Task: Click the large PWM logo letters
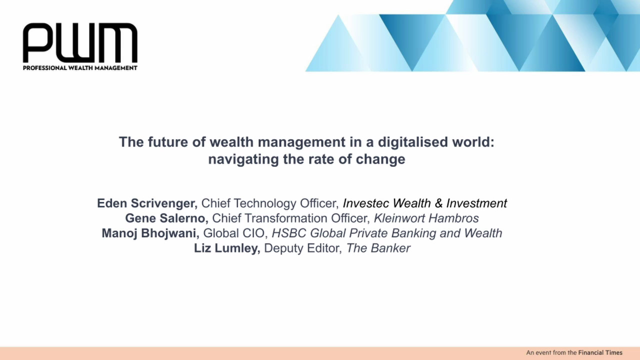coord(80,42)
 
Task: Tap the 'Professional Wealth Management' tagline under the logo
coord(80,68)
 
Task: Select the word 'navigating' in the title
coord(243,159)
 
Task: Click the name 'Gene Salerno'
coord(166,218)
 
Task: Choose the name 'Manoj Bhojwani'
coord(150,233)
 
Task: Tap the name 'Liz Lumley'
coord(227,248)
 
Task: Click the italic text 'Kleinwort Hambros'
coord(426,218)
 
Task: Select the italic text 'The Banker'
coord(378,248)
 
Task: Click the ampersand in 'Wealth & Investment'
coord(438,203)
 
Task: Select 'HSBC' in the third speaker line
coord(289,233)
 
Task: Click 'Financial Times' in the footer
coord(600,352)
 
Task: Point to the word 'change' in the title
coord(380,159)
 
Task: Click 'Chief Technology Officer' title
coord(270,203)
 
